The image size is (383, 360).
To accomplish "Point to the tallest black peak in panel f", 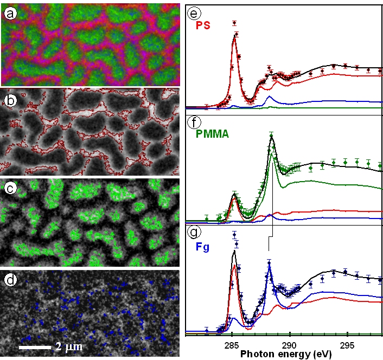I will [271, 138].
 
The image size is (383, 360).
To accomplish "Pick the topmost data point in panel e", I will [234, 23].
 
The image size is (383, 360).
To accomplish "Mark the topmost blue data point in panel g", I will [234, 235].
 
